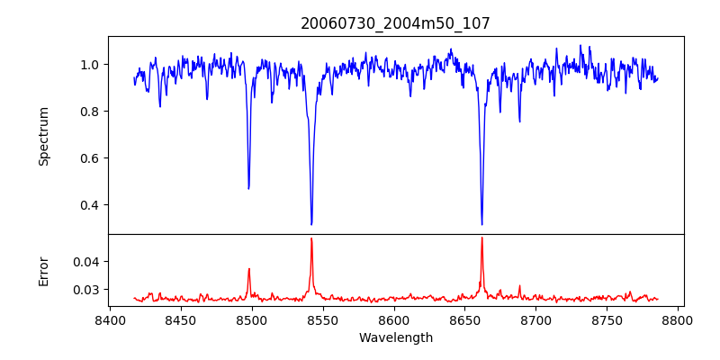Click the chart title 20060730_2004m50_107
point(395,23)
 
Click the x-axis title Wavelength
point(395,338)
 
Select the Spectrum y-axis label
point(44,136)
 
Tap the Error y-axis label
point(44,271)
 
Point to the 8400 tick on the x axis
point(110,320)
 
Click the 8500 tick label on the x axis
point(252,320)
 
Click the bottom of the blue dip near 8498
point(249,188)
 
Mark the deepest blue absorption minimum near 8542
point(311,224)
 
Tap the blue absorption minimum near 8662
point(481,224)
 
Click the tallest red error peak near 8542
point(311,238)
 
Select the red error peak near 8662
point(481,238)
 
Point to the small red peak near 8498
point(249,268)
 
